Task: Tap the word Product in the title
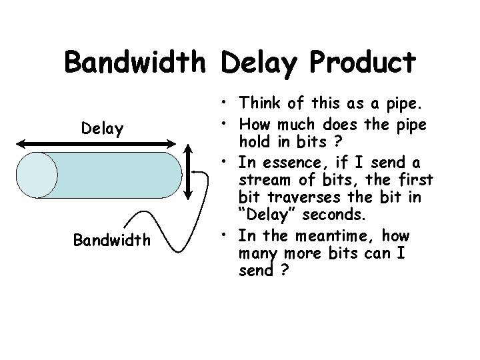[x=363, y=63]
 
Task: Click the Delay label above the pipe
[x=102, y=129]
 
